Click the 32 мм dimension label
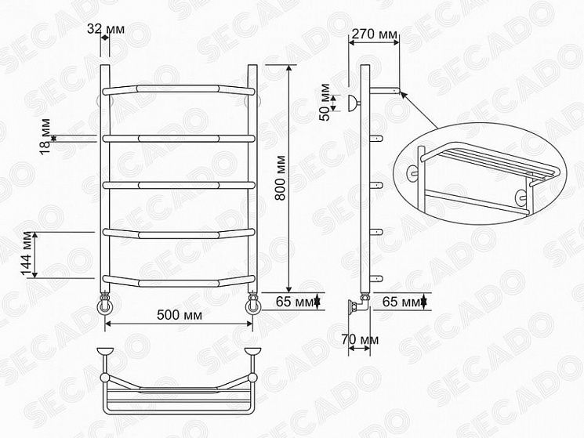[x=106, y=29]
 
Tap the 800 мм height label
[x=280, y=178]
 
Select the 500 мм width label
[x=180, y=315]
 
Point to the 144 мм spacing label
[x=27, y=254]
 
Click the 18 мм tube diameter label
[x=45, y=136]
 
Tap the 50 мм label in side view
[x=325, y=102]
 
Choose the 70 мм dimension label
[x=360, y=340]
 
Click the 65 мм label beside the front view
[x=295, y=302]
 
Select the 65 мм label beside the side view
[x=401, y=302]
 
